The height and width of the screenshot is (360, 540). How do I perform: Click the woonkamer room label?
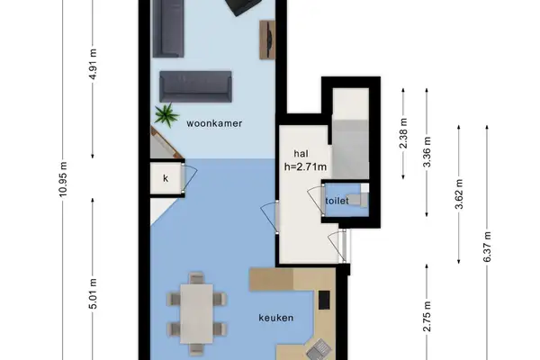pos(214,124)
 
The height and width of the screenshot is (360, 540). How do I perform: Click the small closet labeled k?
pos(166,178)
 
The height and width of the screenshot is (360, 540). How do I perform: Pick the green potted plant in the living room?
pos(166,114)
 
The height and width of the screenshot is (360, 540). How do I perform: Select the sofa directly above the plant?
pos(195,86)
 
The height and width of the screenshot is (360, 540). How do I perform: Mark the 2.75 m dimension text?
pos(428,319)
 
